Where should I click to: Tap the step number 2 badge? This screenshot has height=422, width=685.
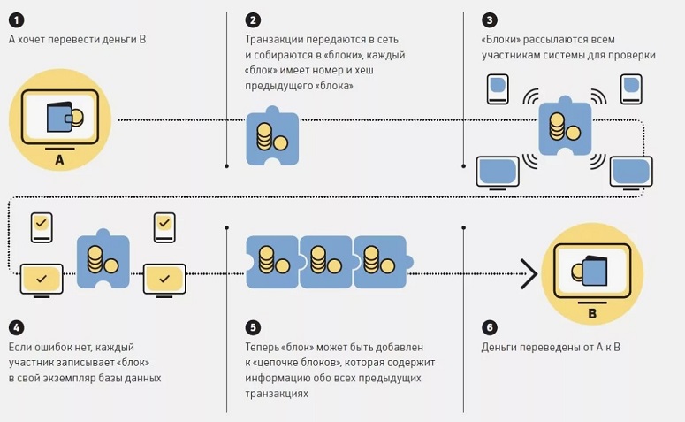coord(254,19)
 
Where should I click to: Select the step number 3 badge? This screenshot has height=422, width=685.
coord(489,19)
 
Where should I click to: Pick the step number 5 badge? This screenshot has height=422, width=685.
coord(254,326)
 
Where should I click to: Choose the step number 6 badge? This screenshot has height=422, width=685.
coord(489,326)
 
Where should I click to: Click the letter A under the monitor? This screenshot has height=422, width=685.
coord(59,160)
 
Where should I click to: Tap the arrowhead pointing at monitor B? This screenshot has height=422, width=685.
coord(529,273)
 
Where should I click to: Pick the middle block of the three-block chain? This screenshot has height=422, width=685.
coord(326,261)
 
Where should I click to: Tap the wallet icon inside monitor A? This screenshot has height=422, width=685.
coord(65,116)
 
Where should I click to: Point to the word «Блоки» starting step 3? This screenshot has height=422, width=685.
coord(502,40)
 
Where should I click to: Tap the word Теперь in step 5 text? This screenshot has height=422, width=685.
coord(263,347)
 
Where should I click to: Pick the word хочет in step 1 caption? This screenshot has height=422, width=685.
coord(36,40)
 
